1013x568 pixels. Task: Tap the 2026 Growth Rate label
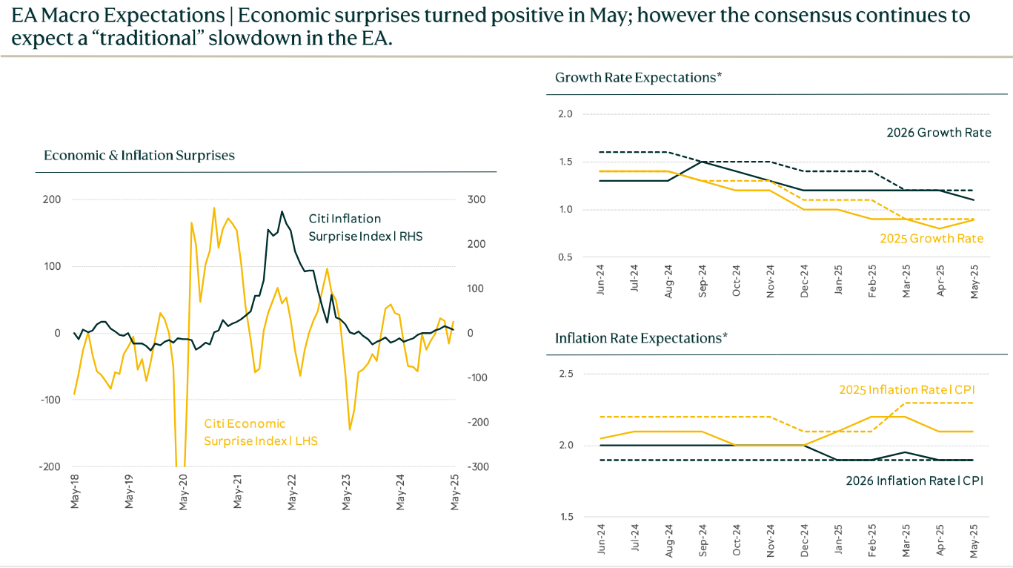tap(938, 133)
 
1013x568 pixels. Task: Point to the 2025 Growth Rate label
tap(931, 239)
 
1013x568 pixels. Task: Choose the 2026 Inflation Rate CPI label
tap(914, 481)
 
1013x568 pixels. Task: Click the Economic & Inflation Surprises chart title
tap(139, 156)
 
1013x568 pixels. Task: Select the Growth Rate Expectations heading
tap(638, 77)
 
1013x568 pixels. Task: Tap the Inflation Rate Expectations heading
tap(641, 338)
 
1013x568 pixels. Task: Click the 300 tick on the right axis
tap(476, 200)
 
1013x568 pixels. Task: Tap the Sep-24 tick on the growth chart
tap(703, 280)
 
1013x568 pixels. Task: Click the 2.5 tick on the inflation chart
tap(567, 374)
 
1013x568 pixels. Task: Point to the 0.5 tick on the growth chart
tap(567, 257)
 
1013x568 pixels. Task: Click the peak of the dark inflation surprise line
tap(282, 211)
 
